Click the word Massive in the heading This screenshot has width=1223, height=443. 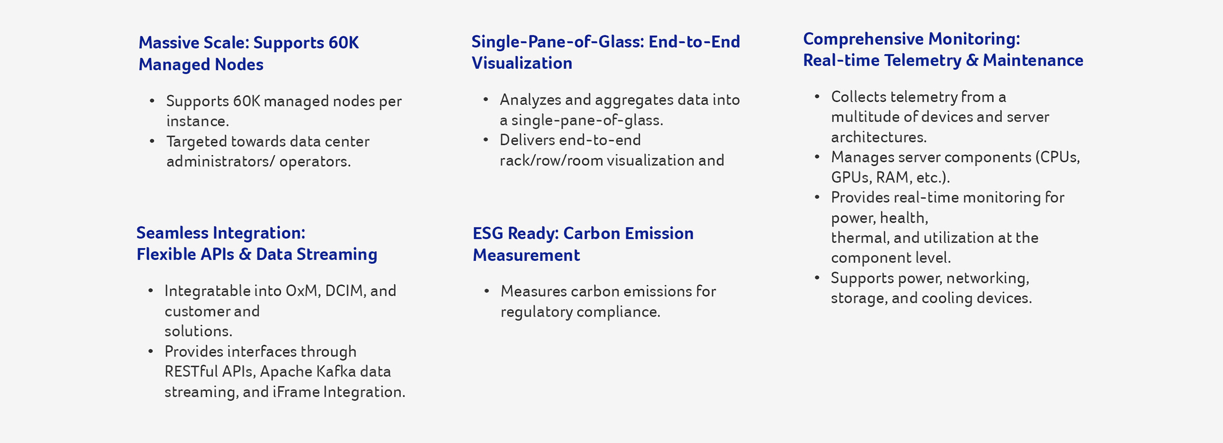[168, 43]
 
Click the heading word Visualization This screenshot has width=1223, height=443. [522, 63]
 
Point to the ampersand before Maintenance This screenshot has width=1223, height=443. [972, 61]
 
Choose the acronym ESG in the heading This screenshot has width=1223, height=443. [488, 234]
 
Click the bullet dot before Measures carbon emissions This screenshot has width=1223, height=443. [486, 291]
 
